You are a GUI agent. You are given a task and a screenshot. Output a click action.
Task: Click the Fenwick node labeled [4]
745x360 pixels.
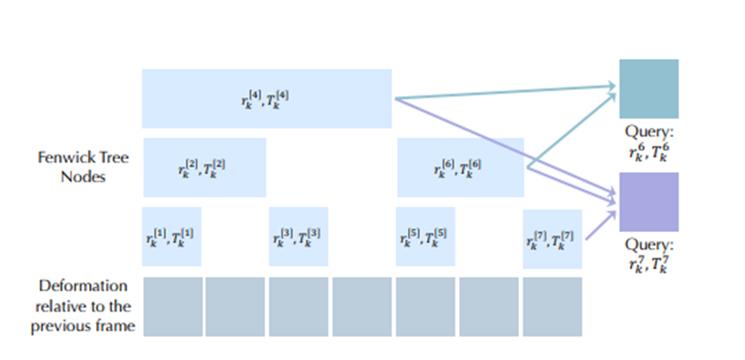pyautogui.click(x=267, y=98)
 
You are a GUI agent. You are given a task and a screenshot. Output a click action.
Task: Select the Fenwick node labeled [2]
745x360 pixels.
pyautogui.click(x=205, y=167)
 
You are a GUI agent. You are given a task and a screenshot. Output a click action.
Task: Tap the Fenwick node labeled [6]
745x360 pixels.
pyautogui.click(x=461, y=167)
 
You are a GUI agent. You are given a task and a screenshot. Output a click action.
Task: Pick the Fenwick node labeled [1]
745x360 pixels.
pyautogui.click(x=171, y=236)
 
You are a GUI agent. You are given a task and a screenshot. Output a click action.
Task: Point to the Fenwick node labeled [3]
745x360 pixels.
pyautogui.click(x=298, y=236)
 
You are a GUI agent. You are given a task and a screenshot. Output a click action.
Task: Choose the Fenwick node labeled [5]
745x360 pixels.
pyautogui.click(x=425, y=236)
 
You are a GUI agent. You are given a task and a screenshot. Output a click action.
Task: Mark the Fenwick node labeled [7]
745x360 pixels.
pyautogui.click(x=553, y=239)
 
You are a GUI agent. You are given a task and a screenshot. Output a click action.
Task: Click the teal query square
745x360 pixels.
pyautogui.click(x=649, y=89)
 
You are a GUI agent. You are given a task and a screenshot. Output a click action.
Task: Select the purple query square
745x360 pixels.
pyautogui.click(x=649, y=202)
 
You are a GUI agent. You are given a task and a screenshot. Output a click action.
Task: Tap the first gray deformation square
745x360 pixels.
pyautogui.click(x=173, y=307)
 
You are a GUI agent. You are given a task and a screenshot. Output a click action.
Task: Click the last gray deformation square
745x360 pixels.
pyautogui.click(x=553, y=307)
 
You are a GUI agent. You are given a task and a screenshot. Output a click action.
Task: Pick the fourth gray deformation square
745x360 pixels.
pyautogui.click(x=362, y=307)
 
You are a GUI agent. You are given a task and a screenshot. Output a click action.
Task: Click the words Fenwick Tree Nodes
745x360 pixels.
pyautogui.click(x=83, y=167)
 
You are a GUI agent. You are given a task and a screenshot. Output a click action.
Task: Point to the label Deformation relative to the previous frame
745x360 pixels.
pyautogui.click(x=83, y=307)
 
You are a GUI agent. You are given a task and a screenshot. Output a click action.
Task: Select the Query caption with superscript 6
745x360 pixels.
pyautogui.click(x=649, y=143)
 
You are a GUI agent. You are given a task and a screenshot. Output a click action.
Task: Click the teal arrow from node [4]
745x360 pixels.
pyautogui.click(x=506, y=92)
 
